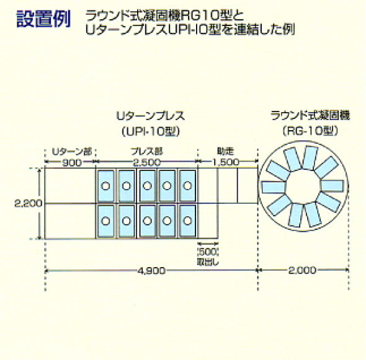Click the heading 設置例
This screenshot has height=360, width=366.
(x=43, y=19)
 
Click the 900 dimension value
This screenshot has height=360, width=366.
(x=72, y=162)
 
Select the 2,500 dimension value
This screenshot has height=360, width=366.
(x=147, y=162)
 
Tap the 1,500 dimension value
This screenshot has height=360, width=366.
(x=226, y=162)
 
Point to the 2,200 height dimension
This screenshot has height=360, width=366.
(x=29, y=204)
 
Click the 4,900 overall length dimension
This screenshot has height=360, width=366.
(x=152, y=271)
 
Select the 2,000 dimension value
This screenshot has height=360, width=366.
(x=303, y=271)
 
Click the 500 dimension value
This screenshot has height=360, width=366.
(x=208, y=252)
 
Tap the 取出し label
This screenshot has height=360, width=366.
(x=208, y=262)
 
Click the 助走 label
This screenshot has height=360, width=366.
(x=225, y=152)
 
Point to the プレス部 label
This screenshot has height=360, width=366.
(x=147, y=152)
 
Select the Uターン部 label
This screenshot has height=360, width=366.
(x=72, y=152)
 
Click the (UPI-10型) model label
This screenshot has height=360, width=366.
(x=151, y=132)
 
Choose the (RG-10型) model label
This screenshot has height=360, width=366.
(x=310, y=131)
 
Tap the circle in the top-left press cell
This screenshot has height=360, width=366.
(x=105, y=186)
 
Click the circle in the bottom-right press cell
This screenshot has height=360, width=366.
(x=187, y=221)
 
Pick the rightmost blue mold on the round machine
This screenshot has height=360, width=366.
(x=332, y=186)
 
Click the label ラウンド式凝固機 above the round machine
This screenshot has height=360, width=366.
(x=310, y=116)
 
